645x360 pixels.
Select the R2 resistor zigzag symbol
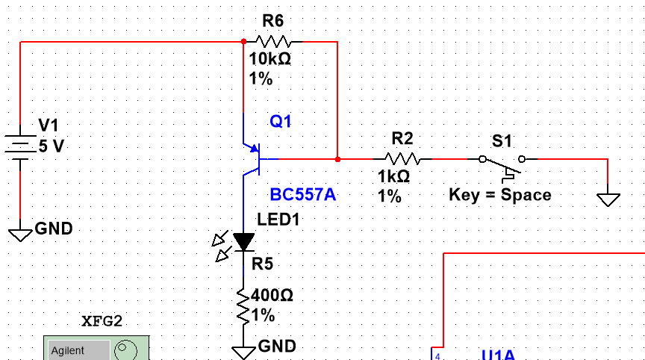(402, 159)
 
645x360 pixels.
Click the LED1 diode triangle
(243, 241)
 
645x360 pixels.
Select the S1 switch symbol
(502, 161)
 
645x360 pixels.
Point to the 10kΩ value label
(269, 60)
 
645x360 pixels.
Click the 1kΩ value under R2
(394, 177)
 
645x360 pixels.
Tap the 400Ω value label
(272, 296)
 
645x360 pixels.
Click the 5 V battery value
(52, 146)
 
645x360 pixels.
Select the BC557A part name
(303, 195)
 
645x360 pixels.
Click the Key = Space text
(500, 195)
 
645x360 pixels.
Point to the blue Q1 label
(281, 121)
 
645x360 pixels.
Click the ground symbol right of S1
(608, 199)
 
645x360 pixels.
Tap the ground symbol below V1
(20, 235)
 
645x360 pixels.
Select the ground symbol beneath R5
(243, 351)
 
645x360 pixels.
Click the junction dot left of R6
(243, 42)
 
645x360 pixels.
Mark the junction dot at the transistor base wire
(337, 159)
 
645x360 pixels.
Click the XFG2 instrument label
(101, 322)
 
